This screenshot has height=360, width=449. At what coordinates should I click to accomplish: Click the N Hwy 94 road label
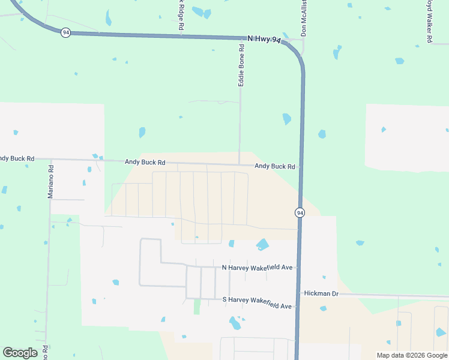click(x=264, y=39)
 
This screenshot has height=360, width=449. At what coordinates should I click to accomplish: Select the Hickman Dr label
click(x=322, y=293)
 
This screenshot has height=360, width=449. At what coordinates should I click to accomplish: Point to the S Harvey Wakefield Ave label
click(x=257, y=302)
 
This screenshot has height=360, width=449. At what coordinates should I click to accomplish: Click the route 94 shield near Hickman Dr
click(x=300, y=212)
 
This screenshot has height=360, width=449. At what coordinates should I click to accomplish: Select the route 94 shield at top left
click(x=65, y=32)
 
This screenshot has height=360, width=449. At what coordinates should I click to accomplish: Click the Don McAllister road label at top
click(x=304, y=18)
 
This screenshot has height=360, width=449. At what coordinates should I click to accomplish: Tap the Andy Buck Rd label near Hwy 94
click(x=274, y=166)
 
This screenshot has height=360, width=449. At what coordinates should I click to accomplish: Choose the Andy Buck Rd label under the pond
click(x=145, y=162)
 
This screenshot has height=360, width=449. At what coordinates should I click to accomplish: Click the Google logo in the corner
click(x=20, y=353)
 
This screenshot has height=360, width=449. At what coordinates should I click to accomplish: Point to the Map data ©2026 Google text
click(x=412, y=355)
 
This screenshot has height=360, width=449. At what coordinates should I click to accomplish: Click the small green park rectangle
click(x=197, y=306)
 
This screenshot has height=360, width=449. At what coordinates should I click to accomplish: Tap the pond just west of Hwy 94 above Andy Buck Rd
click(x=287, y=119)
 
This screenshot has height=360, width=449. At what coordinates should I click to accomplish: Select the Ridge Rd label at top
click(x=180, y=15)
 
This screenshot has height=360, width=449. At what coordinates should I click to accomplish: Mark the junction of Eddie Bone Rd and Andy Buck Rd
click(x=240, y=164)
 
